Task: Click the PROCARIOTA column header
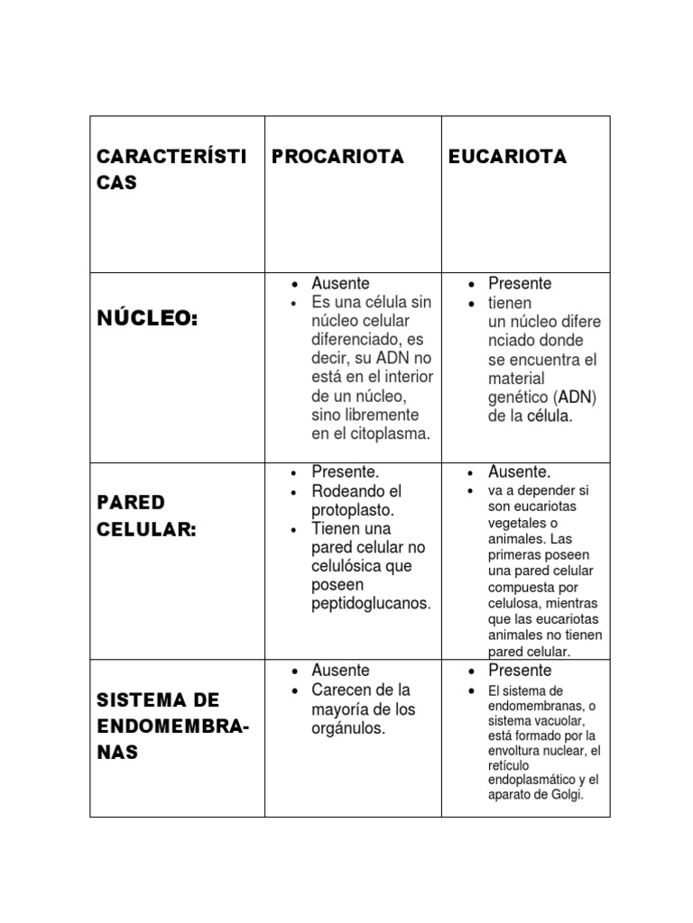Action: (x=337, y=157)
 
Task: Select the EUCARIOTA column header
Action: (x=507, y=157)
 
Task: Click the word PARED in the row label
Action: (x=131, y=501)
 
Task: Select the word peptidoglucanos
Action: (x=370, y=603)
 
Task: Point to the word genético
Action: (x=519, y=398)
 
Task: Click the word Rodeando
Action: (x=346, y=491)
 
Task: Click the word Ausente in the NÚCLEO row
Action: (x=340, y=283)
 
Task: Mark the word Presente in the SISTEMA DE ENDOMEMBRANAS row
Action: (x=520, y=671)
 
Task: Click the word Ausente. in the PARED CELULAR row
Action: (x=519, y=471)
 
